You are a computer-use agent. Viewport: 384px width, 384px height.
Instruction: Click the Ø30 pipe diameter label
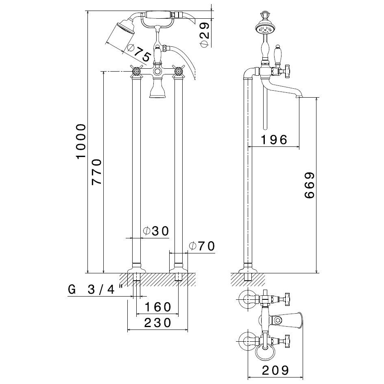pos(155,231)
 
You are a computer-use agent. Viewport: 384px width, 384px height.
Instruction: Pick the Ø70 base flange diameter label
pos(202,246)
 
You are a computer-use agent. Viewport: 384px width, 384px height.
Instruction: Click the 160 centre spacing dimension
pos(157,307)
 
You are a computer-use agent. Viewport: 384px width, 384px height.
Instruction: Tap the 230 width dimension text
pos(157,323)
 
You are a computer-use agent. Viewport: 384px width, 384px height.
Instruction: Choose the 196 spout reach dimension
pos(274,140)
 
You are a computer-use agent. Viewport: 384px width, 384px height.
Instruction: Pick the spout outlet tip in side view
pos(299,96)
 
